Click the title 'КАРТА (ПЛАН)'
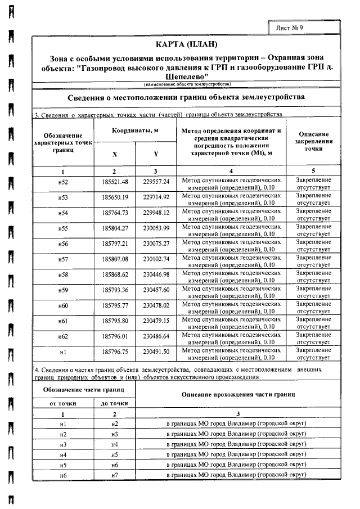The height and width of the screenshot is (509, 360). [x=186, y=44]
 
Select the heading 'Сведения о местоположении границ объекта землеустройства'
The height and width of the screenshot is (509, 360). [x=186, y=97]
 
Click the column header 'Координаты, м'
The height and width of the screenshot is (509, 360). [x=135, y=131]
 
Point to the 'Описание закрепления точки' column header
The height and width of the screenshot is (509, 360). [x=313, y=142]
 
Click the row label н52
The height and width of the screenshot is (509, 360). [x=63, y=182]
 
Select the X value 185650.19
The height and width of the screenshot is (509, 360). [x=115, y=197]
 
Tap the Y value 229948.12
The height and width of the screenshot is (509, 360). [x=156, y=213]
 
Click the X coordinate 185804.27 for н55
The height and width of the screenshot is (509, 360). [x=115, y=228]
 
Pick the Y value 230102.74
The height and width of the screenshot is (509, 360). [x=156, y=259]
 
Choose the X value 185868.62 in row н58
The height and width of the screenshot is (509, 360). [x=115, y=274]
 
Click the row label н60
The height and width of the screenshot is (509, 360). [x=63, y=305]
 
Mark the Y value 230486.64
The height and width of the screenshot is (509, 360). [x=156, y=336]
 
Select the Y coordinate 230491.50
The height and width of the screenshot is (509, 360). [x=156, y=352]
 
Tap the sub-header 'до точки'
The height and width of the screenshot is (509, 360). [x=115, y=403]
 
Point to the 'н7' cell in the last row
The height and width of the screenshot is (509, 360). [x=115, y=476]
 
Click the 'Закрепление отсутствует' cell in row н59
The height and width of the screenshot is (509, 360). [x=313, y=290]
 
